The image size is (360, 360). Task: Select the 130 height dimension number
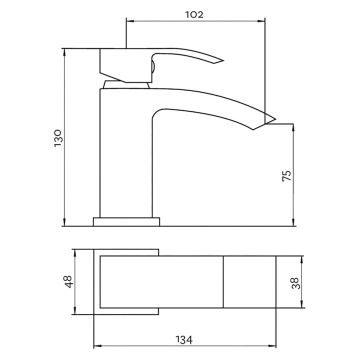point(59,134)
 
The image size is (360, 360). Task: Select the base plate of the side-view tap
point(126,217)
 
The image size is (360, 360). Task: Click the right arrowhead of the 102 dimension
point(264,22)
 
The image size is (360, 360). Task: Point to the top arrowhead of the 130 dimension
point(69,47)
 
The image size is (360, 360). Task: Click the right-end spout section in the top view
point(246,283)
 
